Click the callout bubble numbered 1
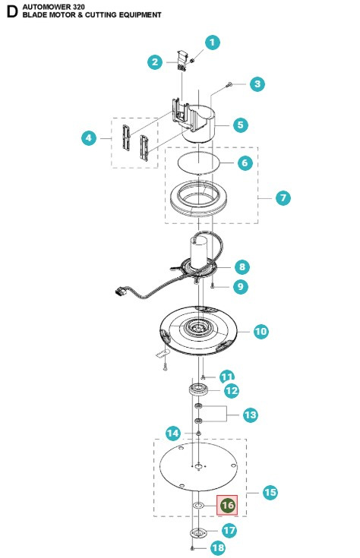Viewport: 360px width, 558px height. (x=213, y=43)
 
